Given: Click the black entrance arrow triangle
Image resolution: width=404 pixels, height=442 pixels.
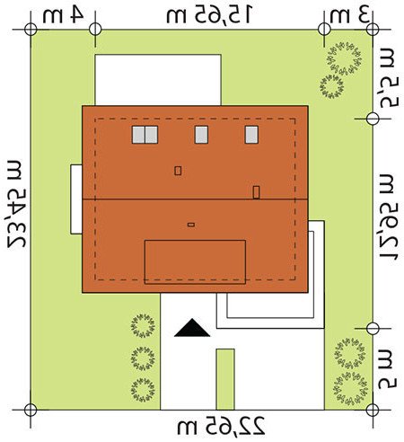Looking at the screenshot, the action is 192,328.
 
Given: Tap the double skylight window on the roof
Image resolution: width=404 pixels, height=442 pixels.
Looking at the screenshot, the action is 145,135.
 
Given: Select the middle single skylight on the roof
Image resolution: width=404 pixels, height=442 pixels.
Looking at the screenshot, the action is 201,135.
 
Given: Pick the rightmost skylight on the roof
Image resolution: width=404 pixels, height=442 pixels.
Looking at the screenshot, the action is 251,135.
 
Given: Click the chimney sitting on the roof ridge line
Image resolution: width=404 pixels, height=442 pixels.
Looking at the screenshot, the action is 256,192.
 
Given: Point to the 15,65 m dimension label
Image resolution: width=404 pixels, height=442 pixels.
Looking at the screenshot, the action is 210,15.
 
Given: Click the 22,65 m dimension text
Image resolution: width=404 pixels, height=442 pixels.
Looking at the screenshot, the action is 221,426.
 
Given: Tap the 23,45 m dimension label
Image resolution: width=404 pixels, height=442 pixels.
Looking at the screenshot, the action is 17,204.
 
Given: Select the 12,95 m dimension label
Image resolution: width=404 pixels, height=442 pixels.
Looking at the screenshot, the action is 389,217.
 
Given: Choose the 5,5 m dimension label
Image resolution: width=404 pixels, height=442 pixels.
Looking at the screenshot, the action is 389,79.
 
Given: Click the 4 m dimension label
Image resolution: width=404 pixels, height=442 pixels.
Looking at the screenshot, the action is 63,15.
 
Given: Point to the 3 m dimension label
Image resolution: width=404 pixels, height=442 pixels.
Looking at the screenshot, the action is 349,15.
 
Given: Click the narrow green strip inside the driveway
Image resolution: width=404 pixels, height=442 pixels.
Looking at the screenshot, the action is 225,379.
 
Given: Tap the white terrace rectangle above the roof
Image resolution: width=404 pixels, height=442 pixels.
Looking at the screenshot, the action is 158,80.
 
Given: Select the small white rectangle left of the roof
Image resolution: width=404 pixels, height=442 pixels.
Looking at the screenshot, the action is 76,199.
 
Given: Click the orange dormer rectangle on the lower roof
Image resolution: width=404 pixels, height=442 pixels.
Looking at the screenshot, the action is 195,261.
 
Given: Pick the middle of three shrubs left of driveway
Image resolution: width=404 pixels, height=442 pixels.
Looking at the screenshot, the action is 144,358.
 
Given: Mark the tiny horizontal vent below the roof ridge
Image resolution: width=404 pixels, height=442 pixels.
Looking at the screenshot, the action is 191,225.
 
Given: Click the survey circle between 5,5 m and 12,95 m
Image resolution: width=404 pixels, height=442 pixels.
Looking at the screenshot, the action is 373,119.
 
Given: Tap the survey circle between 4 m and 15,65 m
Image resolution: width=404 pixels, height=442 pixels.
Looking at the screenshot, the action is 95,30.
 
